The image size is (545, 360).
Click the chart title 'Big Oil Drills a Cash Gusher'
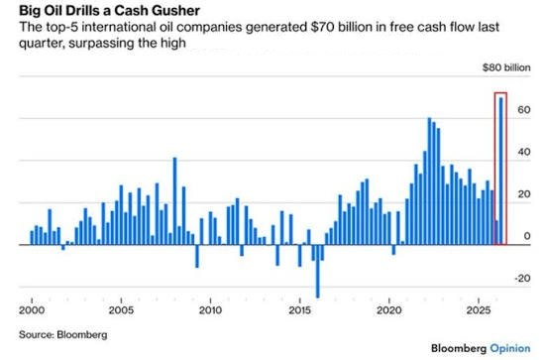[x=109, y=11]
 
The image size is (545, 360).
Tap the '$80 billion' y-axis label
[x=506, y=67]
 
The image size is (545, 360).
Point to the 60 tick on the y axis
[x=524, y=110]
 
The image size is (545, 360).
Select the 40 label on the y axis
[x=524, y=152]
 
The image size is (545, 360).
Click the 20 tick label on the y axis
[x=524, y=194]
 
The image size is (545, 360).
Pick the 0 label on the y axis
[x=527, y=236]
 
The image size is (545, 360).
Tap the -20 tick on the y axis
[x=522, y=279]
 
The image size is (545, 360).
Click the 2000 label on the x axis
[x=32, y=310]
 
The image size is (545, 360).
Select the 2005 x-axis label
[x=121, y=310]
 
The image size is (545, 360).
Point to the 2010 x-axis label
[x=210, y=310]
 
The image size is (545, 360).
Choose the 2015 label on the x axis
[x=299, y=310]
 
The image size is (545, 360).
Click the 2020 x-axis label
[x=389, y=310]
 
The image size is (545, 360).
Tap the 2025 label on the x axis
[x=479, y=310]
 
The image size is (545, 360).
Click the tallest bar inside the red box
[x=501, y=172]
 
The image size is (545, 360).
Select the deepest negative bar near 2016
[x=318, y=272]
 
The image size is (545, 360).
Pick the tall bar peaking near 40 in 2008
[x=174, y=201]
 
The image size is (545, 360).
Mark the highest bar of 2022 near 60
[x=429, y=181]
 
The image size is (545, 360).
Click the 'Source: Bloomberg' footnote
[x=62, y=334]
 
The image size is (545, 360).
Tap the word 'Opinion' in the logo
[x=510, y=348]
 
